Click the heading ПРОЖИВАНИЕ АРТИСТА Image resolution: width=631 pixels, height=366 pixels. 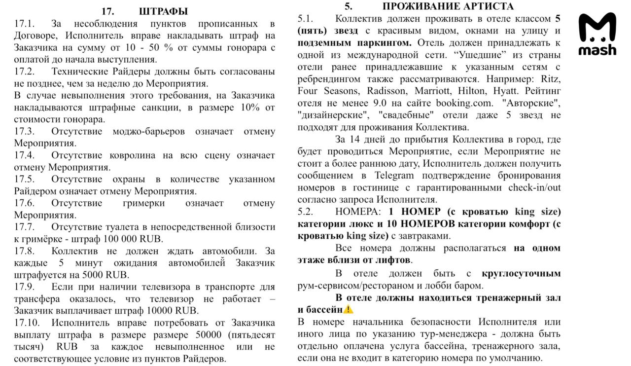pos(448,6)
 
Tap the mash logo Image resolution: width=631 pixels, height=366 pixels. pos(597,34)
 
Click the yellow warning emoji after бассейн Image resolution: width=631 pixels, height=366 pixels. pos(349,310)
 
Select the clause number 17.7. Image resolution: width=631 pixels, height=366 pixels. pos(24,227)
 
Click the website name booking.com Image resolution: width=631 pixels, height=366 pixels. pos(464,103)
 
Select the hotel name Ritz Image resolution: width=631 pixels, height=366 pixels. pos(551,79)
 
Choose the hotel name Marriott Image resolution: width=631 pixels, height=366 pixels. pos(434,91)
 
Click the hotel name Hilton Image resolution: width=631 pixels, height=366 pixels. pos(474,91)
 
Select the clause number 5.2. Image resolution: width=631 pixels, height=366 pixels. pos(306,212)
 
